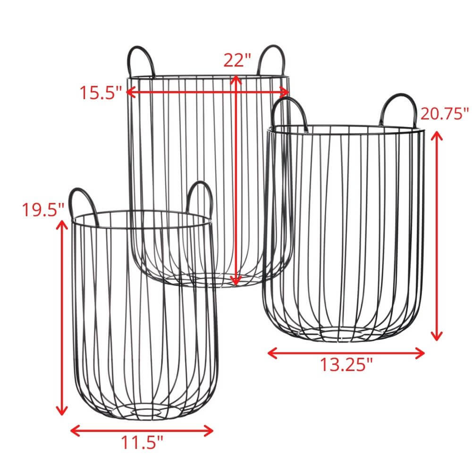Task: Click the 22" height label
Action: (x=236, y=60)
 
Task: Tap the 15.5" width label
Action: (x=100, y=93)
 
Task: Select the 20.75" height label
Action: (x=444, y=114)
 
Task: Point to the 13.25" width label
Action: (x=346, y=365)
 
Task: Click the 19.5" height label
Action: (x=43, y=209)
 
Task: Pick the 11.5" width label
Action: (x=142, y=442)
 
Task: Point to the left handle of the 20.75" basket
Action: (x=290, y=112)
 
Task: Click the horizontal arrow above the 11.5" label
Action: (x=142, y=430)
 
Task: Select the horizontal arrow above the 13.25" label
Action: (x=346, y=353)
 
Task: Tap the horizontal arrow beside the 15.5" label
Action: (x=208, y=92)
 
